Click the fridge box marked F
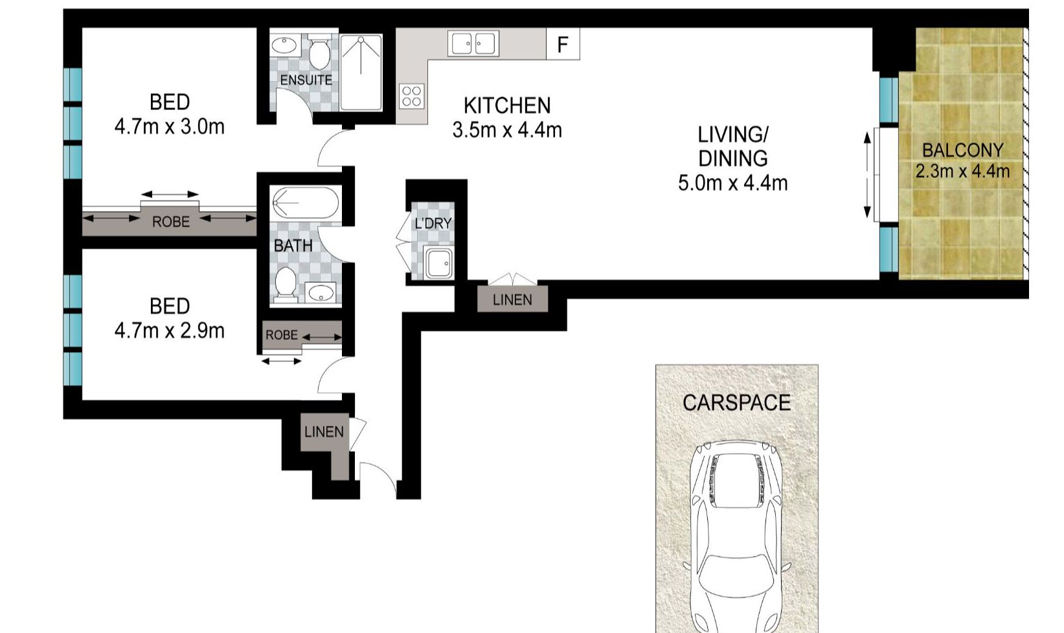pos(562,44)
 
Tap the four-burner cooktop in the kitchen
pos(413,96)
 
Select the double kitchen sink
pos(474,44)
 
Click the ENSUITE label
pos(306,80)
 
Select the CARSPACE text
pos(736,403)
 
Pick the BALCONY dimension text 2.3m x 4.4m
pos(962,172)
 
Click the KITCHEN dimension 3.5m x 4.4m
pos(506,130)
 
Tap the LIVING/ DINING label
pos(732,146)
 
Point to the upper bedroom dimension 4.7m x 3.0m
pos(169,126)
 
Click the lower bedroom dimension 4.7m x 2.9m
pos(169,331)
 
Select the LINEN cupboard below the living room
pos(512,300)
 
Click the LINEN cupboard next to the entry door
pos(324,432)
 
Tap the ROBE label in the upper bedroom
pos(171,222)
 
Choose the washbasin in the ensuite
pos(283,45)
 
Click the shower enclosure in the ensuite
pos(361,72)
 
